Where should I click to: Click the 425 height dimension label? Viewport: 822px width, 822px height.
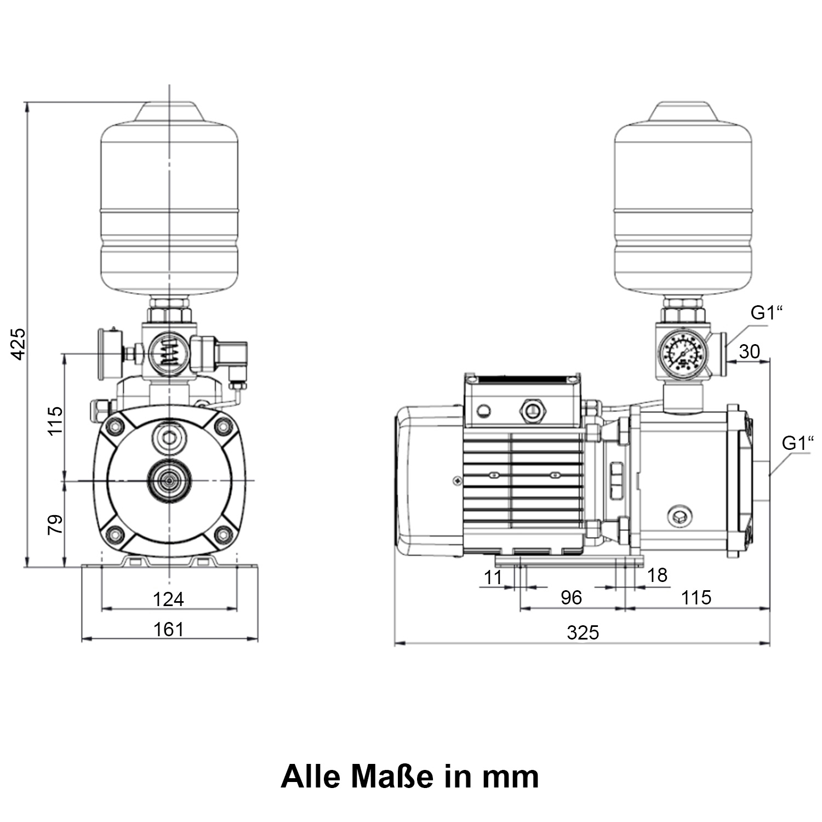click(19, 344)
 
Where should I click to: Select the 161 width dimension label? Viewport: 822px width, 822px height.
click(168, 629)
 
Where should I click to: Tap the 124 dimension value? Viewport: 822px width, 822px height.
click(168, 599)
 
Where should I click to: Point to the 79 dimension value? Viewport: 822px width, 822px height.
click(55, 524)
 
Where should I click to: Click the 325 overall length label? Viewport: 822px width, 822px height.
click(583, 632)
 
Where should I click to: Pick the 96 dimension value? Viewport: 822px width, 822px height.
click(571, 597)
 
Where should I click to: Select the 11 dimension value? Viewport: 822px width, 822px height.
click(493, 576)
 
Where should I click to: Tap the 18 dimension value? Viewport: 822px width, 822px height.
click(657, 575)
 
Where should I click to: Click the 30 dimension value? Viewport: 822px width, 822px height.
click(749, 351)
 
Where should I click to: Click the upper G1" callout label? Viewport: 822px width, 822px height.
click(767, 313)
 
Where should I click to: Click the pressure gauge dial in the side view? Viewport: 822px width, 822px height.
click(682, 355)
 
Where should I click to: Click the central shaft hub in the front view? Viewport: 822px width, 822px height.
click(170, 481)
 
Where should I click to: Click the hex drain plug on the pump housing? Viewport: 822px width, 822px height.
click(680, 515)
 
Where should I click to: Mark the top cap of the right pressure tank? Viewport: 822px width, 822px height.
click(682, 111)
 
